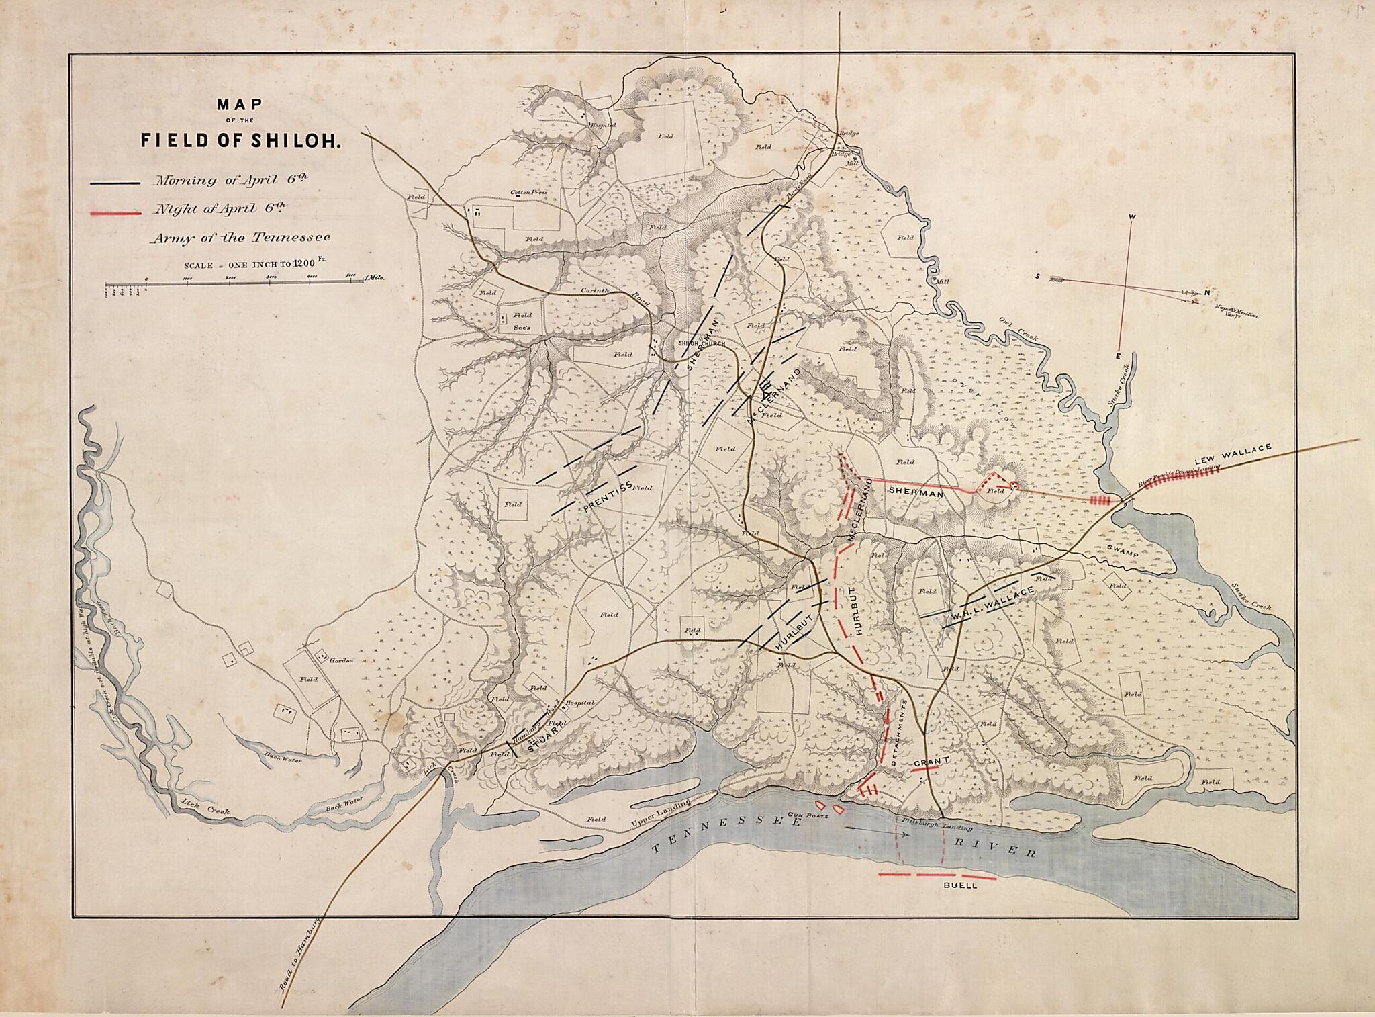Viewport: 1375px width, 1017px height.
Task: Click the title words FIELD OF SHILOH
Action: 242,142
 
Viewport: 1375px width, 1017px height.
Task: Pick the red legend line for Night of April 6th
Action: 115,213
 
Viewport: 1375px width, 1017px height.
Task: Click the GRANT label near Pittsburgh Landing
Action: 931,762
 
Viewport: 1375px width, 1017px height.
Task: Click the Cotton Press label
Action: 528,193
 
